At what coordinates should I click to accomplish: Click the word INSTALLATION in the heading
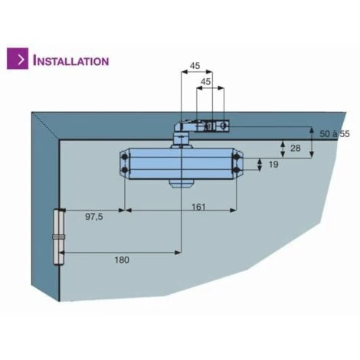pos(71,61)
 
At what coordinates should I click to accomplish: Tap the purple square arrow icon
pos(18,58)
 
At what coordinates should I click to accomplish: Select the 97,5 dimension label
pos(94,217)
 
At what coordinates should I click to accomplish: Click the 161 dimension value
pos(198,207)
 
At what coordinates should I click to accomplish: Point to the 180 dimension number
pos(122,260)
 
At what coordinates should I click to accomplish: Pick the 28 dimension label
pos(296,148)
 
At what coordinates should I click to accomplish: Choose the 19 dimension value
pos(273,165)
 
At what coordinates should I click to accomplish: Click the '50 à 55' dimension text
pos(335,134)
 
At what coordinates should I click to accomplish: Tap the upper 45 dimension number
pos(195,66)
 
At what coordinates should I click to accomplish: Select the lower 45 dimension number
pos(206,81)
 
